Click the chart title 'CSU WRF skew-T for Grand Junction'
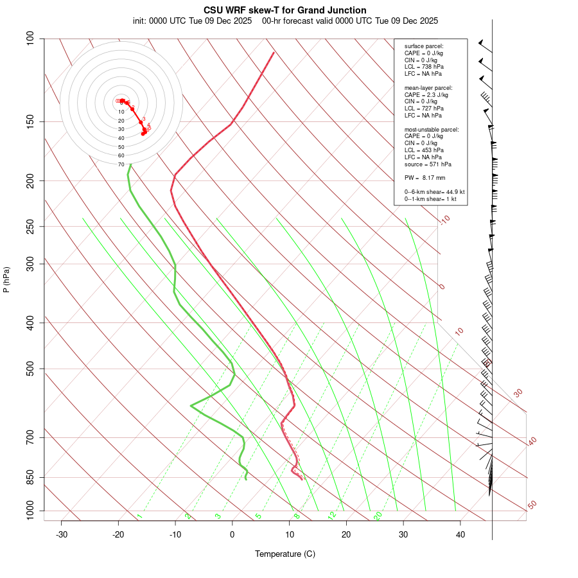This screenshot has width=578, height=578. tap(285, 10)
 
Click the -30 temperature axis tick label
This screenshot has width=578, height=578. tap(62, 534)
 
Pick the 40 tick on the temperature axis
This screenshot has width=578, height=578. tap(460, 534)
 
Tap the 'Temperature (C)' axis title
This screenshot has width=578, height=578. tap(285, 554)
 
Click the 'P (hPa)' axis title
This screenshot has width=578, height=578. tap(7, 279)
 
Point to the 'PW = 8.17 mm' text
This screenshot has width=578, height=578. tap(425, 177)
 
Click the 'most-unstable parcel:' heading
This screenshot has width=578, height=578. tap(432, 129)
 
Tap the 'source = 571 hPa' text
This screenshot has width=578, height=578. tap(427, 164)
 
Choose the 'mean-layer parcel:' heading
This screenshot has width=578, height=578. tap(428, 87)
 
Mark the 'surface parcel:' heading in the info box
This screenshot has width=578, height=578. tap(424, 46)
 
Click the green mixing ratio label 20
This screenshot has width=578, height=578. tap(378, 516)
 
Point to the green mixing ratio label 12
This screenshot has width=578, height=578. tap(332, 516)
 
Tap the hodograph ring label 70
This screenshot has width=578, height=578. tap(121, 164)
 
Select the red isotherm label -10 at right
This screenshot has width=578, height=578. tap(444, 220)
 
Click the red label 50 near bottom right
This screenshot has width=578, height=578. tap(532, 505)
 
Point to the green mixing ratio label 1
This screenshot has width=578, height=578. tap(139, 516)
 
